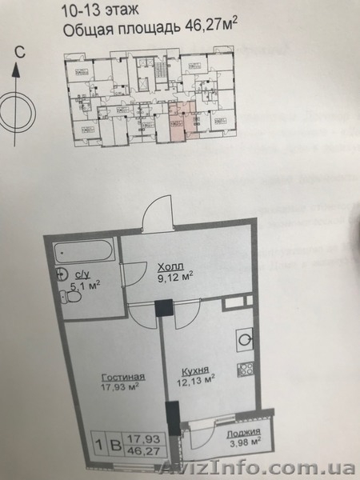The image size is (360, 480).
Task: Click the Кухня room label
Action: tap(194, 371)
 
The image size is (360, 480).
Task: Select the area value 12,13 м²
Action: tap(194, 382)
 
